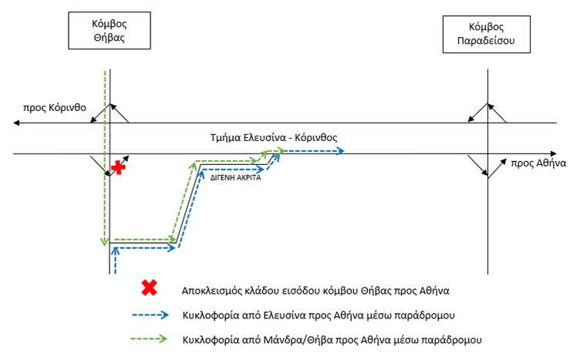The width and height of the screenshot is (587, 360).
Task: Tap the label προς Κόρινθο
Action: coord(55,108)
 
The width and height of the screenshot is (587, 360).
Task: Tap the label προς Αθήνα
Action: coord(538,163)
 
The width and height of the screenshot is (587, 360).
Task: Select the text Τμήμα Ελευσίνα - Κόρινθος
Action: coord(274,138)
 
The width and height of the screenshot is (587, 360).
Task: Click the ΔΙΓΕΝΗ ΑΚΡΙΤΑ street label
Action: coord(235,178)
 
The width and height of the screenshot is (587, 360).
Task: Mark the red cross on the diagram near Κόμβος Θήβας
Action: coord(118,167)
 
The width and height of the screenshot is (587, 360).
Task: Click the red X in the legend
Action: coord(149,288)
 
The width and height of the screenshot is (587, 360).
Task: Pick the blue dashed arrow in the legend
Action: coord(150,315)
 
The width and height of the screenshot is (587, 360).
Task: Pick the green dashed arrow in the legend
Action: coord(149,339)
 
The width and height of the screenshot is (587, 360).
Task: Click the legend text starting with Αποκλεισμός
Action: coord(315,291)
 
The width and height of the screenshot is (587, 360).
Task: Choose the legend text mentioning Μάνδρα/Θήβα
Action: coord(332,340)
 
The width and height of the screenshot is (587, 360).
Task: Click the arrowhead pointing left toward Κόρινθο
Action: coord(16,123)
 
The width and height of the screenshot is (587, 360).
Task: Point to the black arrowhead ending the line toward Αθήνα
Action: coord(554,154)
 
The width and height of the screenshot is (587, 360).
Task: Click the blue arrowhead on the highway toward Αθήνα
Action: coord(340,151)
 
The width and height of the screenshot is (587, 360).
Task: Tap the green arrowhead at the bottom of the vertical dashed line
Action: coord(104,242)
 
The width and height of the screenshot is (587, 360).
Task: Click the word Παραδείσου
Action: coord(486,41)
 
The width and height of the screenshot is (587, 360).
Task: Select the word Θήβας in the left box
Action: coord(109,38)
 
